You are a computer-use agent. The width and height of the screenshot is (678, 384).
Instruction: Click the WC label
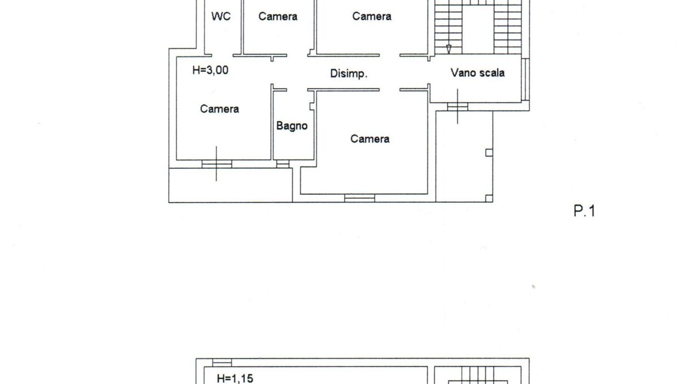coord(221,16)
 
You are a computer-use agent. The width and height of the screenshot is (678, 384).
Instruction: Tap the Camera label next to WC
coord(278,16)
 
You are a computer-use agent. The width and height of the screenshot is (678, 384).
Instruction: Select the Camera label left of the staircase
coord(372,16)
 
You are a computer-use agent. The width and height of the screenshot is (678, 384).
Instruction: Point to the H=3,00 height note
coord(211,71)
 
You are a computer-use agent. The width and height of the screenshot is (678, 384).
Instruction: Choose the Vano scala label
coord(477,72)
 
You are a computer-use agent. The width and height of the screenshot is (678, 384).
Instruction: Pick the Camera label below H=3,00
coord(219,109)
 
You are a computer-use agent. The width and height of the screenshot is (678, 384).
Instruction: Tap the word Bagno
coord(292,125)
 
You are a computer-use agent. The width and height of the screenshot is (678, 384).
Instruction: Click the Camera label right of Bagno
coord(370,138)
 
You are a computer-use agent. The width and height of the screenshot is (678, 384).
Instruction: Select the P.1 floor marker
coord(584,212)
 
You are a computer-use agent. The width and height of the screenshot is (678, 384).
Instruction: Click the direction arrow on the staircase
coord(449,49)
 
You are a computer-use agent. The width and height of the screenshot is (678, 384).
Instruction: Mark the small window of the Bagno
coord(283,164)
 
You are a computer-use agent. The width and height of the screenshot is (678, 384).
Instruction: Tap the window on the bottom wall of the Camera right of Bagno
coord(360,198)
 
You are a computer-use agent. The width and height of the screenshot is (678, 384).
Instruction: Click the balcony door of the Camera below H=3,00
coord(217,164)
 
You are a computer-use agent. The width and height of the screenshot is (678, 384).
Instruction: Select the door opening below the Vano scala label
coord(458,107)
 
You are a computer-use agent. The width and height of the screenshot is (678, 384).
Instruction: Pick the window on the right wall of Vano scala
coord(525,79)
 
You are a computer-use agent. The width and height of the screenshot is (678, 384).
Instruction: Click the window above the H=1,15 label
coord(222,362)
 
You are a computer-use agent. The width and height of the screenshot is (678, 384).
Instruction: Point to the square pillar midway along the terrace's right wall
coord(489,152)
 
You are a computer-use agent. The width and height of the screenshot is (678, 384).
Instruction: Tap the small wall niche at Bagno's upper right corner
coord(311,106)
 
